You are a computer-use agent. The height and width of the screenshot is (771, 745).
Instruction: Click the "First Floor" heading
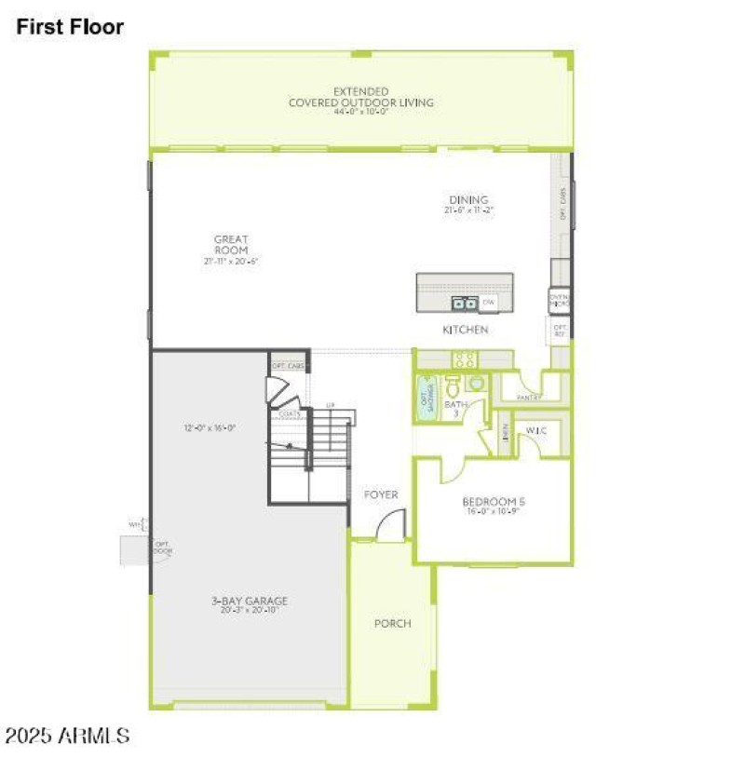(70, 27)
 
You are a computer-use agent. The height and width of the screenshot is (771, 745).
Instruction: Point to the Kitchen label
(466, 330)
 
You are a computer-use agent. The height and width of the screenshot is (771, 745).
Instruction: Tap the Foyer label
(381, 494)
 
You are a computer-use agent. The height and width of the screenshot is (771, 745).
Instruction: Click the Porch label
(392, 623)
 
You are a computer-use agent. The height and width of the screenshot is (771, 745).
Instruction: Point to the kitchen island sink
(464, 303)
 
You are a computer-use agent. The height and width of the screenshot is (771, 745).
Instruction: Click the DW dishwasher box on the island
(489, 302)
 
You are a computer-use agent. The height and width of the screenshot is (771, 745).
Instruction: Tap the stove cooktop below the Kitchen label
(464, 358)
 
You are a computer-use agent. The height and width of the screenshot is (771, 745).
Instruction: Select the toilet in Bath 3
(454, 385)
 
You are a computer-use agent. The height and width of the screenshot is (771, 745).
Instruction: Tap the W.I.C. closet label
(535, 431)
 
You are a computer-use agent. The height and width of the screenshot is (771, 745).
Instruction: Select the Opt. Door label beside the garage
(162, 548)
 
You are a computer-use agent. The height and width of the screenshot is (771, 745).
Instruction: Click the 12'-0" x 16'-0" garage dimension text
(210, 428)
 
